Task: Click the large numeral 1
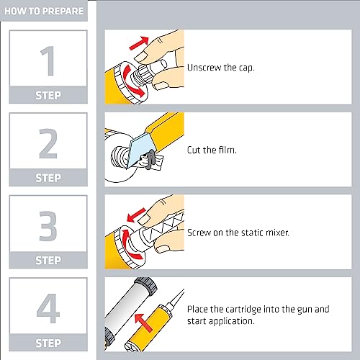coord(48,60)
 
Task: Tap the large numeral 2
coord(48,143)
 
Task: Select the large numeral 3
coord(48,226)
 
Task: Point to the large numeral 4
coord(48,308)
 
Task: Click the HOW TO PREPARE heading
coord(44,11)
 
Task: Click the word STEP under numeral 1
coord(48,95)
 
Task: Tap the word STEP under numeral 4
coord(48,343)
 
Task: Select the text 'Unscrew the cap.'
coord(220,68)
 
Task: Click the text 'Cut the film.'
coord(212,150)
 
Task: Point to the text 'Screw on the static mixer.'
coord(238,233)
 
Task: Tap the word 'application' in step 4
coord(230,322)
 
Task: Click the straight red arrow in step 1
coord(139,43)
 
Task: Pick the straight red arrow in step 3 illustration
coord(136,215)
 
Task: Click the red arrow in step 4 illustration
coord(143,323)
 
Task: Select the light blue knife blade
coord(140,150)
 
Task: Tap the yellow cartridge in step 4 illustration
coord(148,328)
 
